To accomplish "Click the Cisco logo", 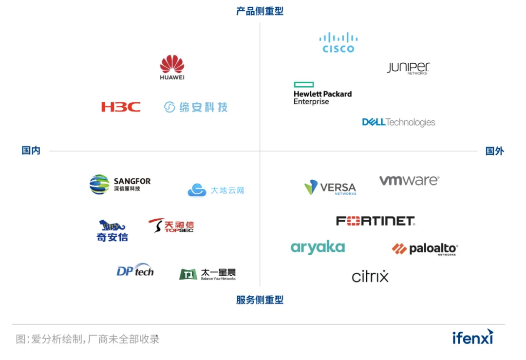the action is [x=338, y=42].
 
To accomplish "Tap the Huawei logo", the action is [x=172, y=67].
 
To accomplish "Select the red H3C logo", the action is [x=121, y=107].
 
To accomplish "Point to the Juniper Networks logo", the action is [x=408, y=68].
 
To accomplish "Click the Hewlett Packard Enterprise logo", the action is [x=322, y=94].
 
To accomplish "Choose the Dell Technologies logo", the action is [x=398, y=122].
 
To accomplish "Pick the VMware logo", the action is [x=409, y=181].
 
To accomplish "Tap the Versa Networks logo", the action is [x=331, y=188].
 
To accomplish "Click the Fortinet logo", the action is [x=375, y=221].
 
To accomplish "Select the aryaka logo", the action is [x=318, y=247].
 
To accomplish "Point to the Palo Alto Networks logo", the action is [x=425, y=249].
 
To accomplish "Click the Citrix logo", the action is [x=370, y=276].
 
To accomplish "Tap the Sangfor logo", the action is [x=120, y=184].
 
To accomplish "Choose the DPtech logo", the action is [x=135, y=270].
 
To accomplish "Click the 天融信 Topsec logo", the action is [x=171, y=226].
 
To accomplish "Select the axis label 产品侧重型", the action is [x=260, y=11].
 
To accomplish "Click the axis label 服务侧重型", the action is [x=260, y=300].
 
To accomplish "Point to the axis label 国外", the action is [x=494, y=151].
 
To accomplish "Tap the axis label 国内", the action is [x=31, y=151].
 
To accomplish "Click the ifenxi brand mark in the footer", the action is [x=472, y=337].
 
